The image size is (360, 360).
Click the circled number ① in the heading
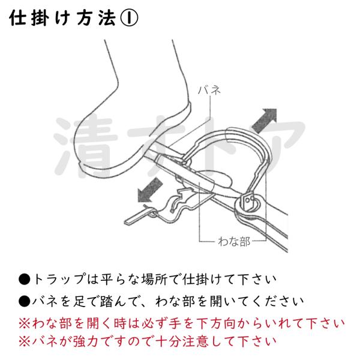click(129, 18)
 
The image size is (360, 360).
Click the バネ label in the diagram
click(209, 90)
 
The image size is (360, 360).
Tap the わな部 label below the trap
click(234, 241)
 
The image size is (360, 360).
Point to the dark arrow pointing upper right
click(265, 120)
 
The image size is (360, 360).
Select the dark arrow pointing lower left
click(150, 191)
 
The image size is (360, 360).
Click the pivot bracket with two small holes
click(247, 202)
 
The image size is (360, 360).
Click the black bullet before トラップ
click(25, 280)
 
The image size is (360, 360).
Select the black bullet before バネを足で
click(25, 301)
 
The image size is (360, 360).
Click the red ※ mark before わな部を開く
click(25, 323)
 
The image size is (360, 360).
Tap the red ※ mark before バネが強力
click(25, 341)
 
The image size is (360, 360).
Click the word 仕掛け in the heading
click(39, 18)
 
